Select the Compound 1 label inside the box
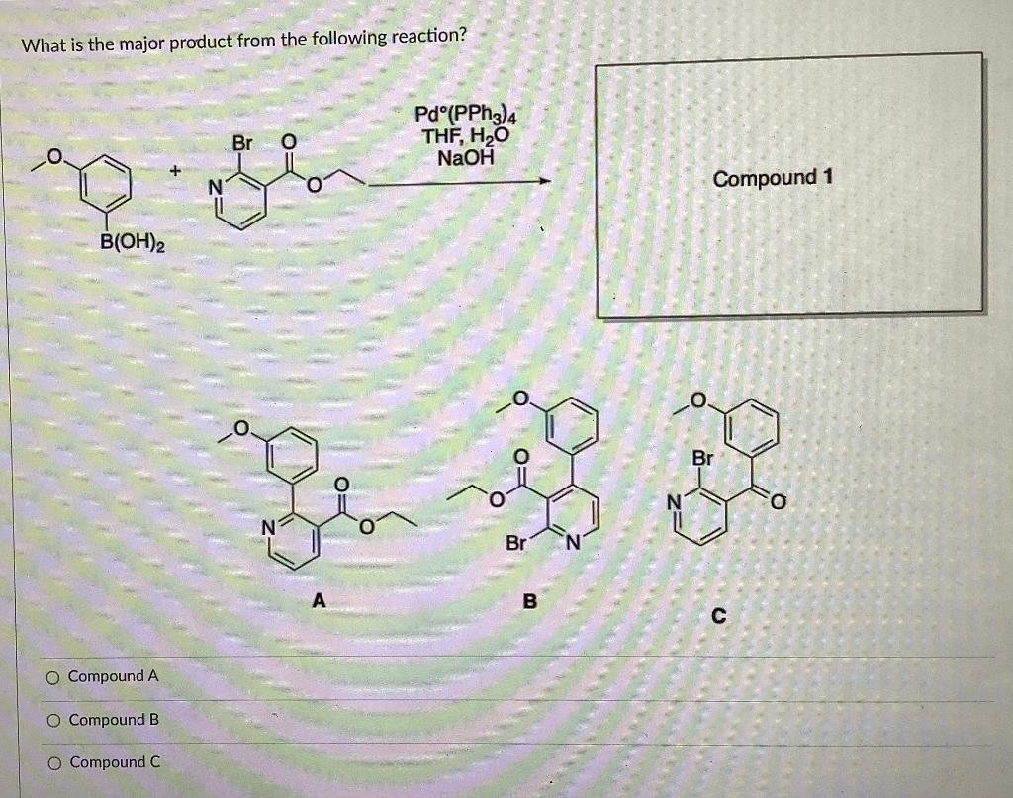[x=773, y=178]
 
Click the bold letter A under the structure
[x=318, y=599]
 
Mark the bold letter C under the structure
[x=719, y=616]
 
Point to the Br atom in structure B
[x=516, y=543]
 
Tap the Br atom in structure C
[x=701, y=460]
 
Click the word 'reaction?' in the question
[x=428, y=37]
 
